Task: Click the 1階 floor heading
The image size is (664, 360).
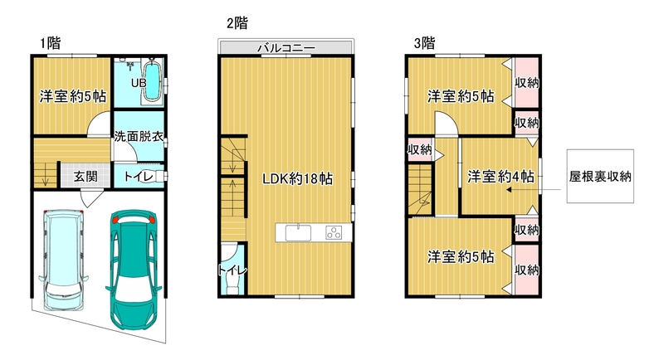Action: [51, 43]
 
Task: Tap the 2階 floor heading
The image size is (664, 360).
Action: [237, 23]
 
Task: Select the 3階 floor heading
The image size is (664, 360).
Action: [424, 43]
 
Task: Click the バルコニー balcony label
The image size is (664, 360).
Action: [286, 47]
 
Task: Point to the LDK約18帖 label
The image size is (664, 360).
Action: [297, 178]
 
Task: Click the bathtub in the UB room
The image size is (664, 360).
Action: [152, 82]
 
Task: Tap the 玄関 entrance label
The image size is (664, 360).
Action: [85, 176]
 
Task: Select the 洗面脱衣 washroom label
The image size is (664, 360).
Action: [139, 137]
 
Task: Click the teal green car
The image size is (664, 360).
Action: [133, 270]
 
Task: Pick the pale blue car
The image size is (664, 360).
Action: [64, 260]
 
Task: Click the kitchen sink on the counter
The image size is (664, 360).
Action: [298, 233]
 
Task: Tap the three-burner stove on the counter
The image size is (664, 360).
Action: [334, 233]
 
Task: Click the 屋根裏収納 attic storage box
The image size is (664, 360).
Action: [600, 176]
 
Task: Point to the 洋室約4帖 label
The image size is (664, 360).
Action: [500, 176]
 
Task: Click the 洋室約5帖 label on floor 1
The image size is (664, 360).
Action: [73, 96]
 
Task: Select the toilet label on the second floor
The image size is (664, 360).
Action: [232, 270]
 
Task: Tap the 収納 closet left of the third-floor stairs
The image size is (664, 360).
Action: [419, 149]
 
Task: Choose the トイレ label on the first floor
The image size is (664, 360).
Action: [139, 176]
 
